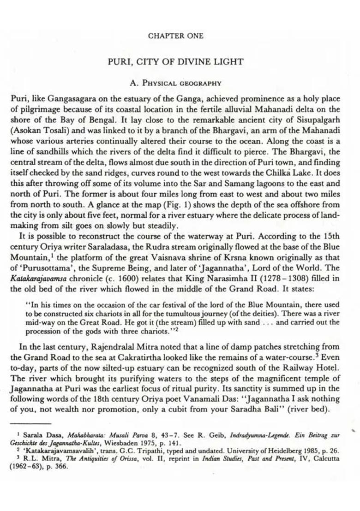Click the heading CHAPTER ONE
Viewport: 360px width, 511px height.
pos(175,36)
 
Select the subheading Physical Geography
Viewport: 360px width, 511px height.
pos(176,83)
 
